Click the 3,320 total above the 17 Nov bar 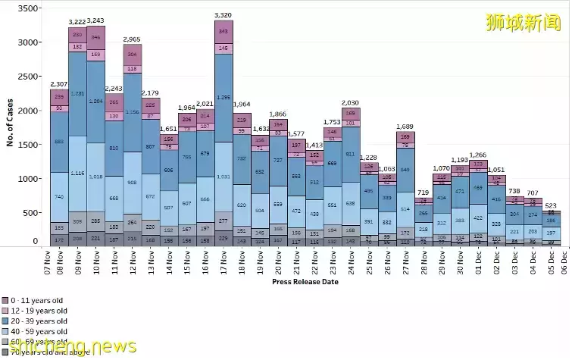(x=223, y=15)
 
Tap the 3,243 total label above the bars (x=96, y=20)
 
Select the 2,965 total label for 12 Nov (x=133, y=39)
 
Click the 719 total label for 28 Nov (x=424, y=193)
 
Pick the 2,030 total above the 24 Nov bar (x=351, y=102)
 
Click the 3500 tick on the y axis (x=28, y=8)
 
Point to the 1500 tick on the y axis (x=28, y=145)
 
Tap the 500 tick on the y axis (x=30, y=213)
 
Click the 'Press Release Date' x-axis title (x=305, y=282)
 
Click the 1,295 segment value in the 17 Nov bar (x=223, y=98)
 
